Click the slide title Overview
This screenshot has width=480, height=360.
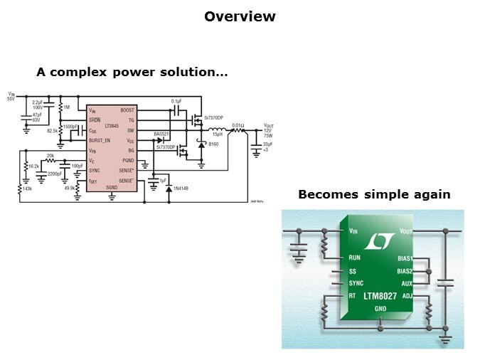click(x=240, y=16)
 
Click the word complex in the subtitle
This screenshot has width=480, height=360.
click(x=95, y=73)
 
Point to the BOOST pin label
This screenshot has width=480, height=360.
click(x=128, y=110)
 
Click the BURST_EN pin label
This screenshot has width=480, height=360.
click(x=101, y=141)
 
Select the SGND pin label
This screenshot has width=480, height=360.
click(x=112, y=187)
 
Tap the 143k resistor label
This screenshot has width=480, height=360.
click(x=26, y=190)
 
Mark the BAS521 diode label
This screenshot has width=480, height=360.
click(x=161, y=134)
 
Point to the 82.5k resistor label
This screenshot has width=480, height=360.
click(x=52, y=132)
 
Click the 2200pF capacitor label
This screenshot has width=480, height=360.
click(x=54, y=174)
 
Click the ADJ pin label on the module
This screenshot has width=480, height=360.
click(x=407, y=295)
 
